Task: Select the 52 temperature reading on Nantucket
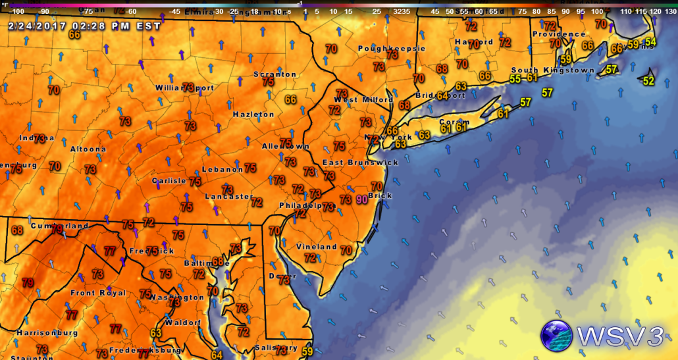tap(648, 81)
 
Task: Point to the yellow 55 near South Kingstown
tap(515, 79)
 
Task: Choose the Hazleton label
tap(253, 115)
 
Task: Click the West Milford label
tap(363, 100)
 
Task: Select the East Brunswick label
tap(360, 162)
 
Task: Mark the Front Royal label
tap(98, 293)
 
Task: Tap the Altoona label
tap(88, 149)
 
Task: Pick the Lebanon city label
tap(222, 169)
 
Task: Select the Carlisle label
tap(169, 180)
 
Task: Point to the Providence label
tap(558, 34)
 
